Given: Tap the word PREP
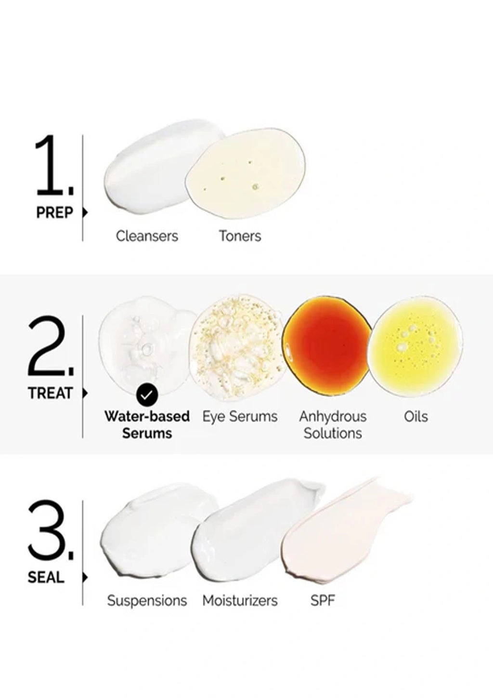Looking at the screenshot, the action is coord(54,213).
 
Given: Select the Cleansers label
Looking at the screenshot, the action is coord(147,236).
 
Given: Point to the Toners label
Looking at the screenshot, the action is coord(240,236).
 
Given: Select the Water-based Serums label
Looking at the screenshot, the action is coord(147,425).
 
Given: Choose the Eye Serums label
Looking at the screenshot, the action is coord(240,417).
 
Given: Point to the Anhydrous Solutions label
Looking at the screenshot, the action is coord(333,425).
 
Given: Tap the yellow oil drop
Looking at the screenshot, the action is coord(416,346).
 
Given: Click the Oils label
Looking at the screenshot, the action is coord(416,417).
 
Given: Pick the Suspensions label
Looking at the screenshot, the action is coord(147,601).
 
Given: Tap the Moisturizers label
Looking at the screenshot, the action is coord(240,601).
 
